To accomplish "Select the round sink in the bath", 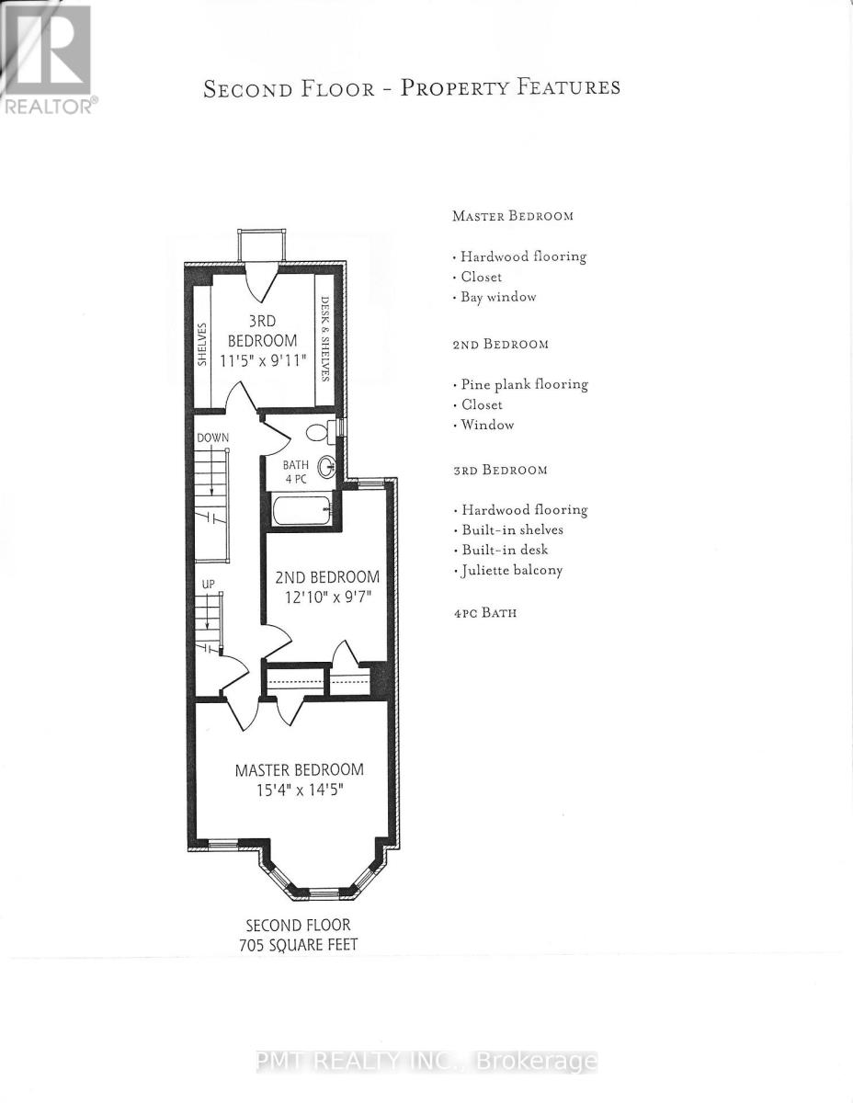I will (327, 468).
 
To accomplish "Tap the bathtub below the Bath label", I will (301, 510).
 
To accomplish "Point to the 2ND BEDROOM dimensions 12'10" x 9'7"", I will (327, 597).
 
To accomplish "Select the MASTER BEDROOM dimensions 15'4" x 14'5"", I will (299, 790).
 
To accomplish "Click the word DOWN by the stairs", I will (212, 438).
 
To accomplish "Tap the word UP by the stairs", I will (210, 585).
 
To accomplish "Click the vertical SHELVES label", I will (202, 344).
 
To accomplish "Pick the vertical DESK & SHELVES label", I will (324, 338).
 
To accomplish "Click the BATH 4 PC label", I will (295, 472).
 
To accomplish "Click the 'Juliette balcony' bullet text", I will (511, 570).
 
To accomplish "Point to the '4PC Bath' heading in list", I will (484, 612).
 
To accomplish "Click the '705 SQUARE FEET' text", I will (297, 943).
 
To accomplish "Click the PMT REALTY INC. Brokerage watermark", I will (426, 1062).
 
